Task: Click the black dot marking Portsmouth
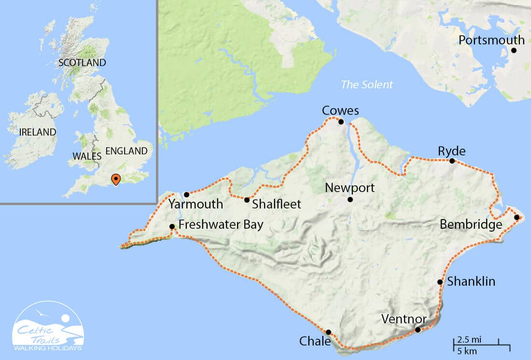tap(514, 50)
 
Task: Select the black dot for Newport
tap(350, 199)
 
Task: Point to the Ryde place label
tap(451, 151)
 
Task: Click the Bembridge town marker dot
tap(517, 217)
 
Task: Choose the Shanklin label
tap(471, 281)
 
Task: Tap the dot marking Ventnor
tap(418, 330)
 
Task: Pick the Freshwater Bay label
tap(221, 225)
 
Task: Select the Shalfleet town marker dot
tap(247, 200)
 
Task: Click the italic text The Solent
tap(367, 85)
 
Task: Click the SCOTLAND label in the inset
tap(82, 63)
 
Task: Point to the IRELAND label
tap(37, 132)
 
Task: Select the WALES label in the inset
tap(87, 156)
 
